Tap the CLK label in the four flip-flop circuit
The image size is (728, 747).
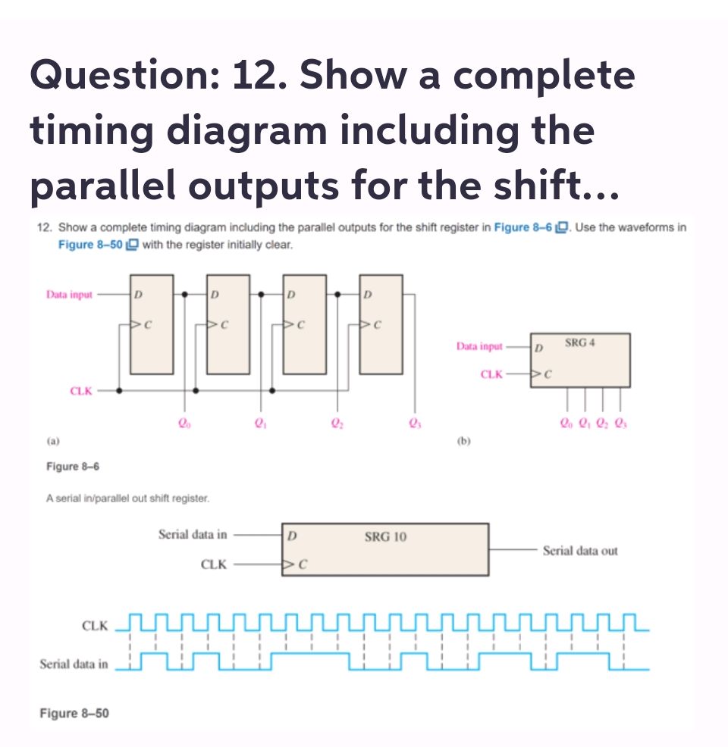click(x=81, y=391)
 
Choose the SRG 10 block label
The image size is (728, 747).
click(x=385, y=537)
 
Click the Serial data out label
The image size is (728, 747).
click(x=580, y=551)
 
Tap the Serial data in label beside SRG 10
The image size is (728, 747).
click(x=192, y=534)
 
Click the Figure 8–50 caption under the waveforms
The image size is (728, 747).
click(x=74, y=713)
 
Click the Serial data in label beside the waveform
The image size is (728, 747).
click(x=74, y=664)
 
